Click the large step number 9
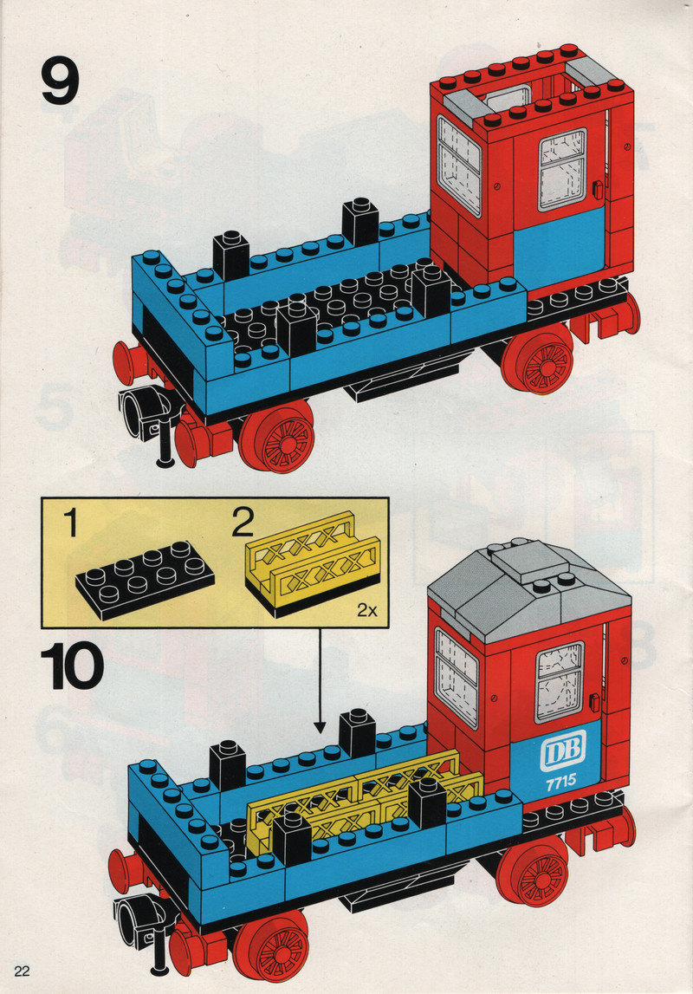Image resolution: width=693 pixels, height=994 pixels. point(60,81)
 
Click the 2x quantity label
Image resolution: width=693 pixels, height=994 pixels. point(366,610)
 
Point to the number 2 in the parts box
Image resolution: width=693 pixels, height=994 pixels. point(243,523)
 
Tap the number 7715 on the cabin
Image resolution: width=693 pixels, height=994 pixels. point(560,782)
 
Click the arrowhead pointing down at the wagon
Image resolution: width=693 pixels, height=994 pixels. point(320,725)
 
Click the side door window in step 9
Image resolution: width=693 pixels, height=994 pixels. point(562,169)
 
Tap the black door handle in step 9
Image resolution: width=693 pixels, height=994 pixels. point(597,190)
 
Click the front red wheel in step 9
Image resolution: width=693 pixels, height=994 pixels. point(277,437)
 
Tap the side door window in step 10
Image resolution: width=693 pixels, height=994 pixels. point(560,682)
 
